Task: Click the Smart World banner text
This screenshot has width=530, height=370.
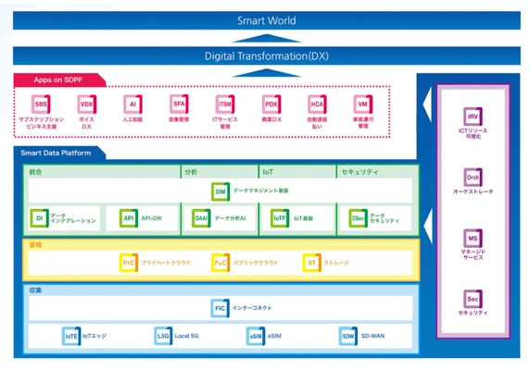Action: tap(265, 19)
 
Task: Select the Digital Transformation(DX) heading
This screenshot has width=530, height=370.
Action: tap(265, 56)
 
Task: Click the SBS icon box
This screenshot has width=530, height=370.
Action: tap(41, 105)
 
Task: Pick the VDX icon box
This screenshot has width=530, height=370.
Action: tap(87, 105)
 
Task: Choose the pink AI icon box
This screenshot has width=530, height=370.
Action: tap(132, 105)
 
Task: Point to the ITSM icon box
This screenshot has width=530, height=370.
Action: tap(224, 105)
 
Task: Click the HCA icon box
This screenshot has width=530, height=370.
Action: tap(317, 105)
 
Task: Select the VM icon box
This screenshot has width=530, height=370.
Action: tap(362, 105)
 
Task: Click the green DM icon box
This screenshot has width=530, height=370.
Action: tap(221, 191)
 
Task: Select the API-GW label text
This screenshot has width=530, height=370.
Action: tap(150, 218)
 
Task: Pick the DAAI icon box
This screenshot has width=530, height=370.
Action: tap(201, 218)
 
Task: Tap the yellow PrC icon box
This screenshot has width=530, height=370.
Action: tap(129, 264)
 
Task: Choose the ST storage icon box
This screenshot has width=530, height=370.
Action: tap(311, 264)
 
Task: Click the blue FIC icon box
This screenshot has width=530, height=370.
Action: tap(220, 308)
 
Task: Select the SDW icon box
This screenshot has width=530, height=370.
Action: tap(347, 337)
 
